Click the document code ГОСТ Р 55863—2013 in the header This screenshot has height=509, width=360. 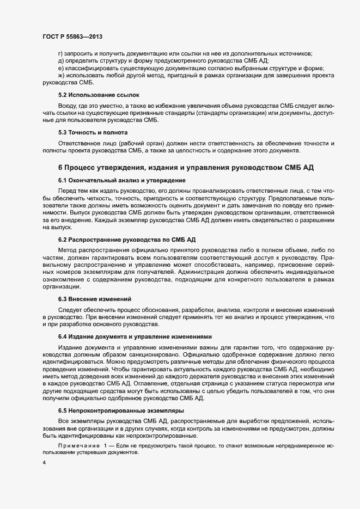tap(72, 36)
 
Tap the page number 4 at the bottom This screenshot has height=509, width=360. tap(44, 463)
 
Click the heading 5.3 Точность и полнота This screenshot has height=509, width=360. tap(93, 132)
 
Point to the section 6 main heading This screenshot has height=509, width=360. tap(186, 167)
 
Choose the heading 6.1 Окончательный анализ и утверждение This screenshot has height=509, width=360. tap(122, 180)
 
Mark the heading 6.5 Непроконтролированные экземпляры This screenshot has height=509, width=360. tap(121, 410)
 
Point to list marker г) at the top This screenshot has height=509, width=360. tap(60, 53)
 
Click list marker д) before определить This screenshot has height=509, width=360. tap(60, 61)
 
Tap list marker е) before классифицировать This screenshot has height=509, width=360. tap(60, 69)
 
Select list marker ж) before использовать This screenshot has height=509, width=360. tap(61, 76)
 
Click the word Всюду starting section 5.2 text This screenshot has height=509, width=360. tap(68, 105)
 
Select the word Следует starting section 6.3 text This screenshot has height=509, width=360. tap(70, 309)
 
